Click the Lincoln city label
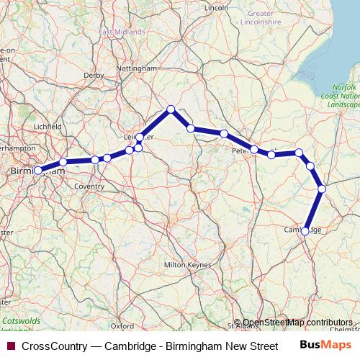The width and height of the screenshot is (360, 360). click(x=216, y=8)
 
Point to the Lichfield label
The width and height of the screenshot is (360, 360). click(x=48, y=127)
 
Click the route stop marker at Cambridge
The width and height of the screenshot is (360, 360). click(x=305, y=231)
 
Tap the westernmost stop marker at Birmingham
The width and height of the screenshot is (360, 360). click(x=38, y=171)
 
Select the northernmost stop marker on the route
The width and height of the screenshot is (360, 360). click(x=171, y=109)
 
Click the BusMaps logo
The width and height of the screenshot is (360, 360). click(x=330, y=346)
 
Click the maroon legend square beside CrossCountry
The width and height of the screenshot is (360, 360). click(x=11, y=346)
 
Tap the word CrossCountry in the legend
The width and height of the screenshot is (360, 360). click(x=55, y=346)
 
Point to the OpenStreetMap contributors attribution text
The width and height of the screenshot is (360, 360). click(x=297, y=323)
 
